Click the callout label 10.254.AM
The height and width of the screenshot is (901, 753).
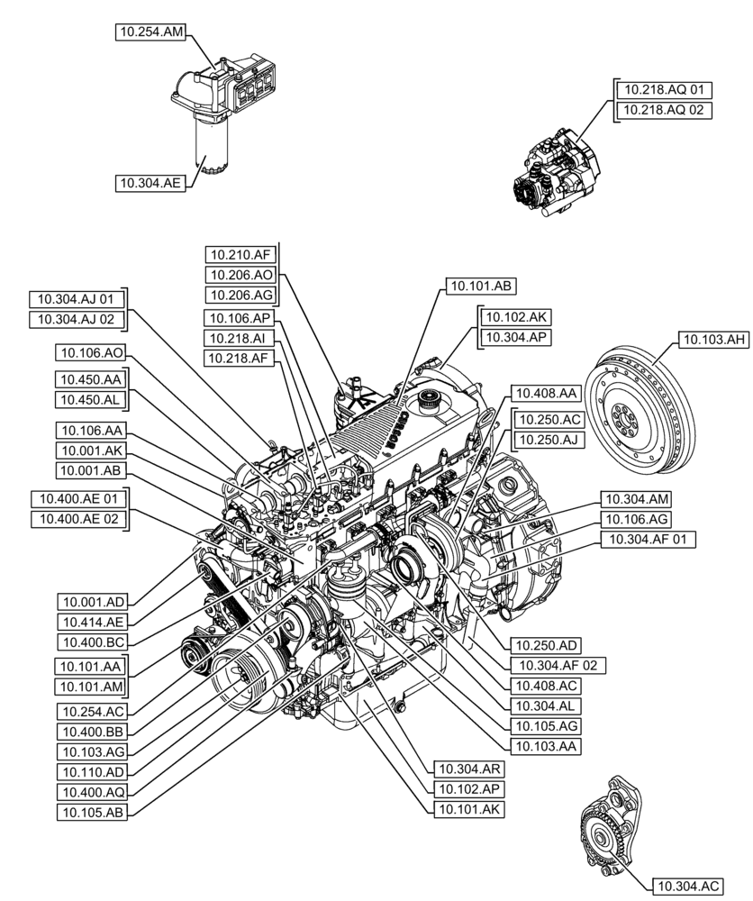point(151,32)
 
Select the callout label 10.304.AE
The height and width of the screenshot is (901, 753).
point(151,183)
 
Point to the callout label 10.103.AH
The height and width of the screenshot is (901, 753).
point(712,340)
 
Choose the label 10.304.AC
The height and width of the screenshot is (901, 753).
point(685,887)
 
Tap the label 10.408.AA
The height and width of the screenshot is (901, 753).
point(544,393)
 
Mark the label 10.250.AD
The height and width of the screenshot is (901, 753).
point(546,644)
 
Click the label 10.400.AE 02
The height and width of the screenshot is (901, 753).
point(78,518)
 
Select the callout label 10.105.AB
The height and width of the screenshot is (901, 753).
point(92,812)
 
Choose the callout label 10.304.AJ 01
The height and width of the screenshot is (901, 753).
point(77,298)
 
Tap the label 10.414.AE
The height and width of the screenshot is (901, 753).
point(92,621)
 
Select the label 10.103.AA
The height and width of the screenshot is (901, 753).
point(544,746)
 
